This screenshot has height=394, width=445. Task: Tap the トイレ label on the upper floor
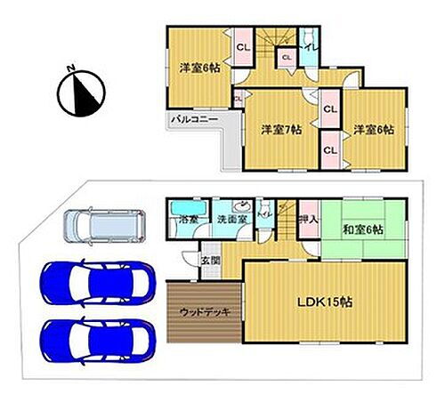(308, 44)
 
